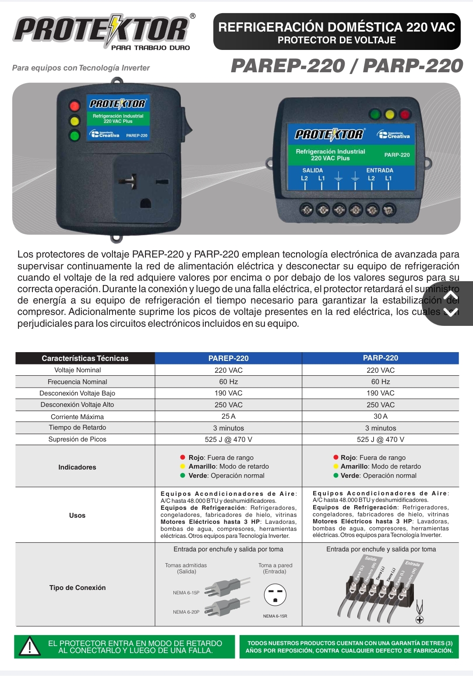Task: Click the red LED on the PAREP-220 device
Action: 75,106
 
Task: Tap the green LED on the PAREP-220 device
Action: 75,135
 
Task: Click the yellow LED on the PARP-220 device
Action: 389,115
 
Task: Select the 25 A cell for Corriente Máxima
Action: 228,416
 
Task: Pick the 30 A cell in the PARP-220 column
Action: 380,416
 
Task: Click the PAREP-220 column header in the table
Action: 228,358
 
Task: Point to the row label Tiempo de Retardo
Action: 78,427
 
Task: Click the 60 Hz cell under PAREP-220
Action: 228,381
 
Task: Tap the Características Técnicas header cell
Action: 85,358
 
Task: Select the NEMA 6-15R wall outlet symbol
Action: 275,595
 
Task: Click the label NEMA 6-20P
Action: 186,612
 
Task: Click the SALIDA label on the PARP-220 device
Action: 313,170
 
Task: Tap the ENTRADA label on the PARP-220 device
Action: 380,170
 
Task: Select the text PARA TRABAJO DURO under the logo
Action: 151,48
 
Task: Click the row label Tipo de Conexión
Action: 78,588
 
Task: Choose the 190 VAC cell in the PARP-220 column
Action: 380,393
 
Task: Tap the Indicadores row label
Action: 77,467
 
